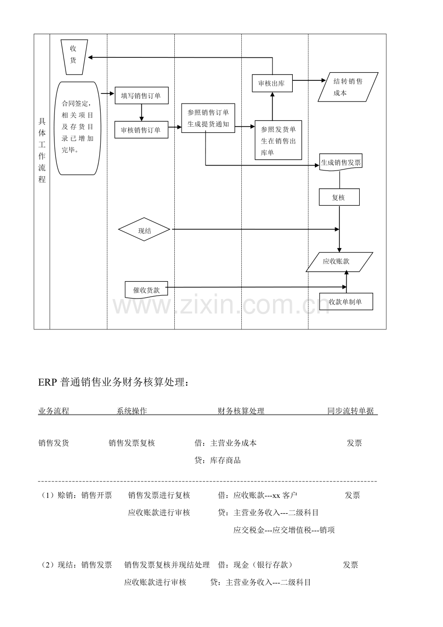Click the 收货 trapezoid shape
tap(74, 57)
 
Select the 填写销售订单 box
tap(142, 95)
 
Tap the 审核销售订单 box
tap(141, 130)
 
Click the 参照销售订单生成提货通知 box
tap(208, 118)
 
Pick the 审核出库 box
tap(272, 83)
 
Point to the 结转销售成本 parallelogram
tap(348, 87)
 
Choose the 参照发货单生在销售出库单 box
tap(278, 140)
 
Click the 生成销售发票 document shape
tap(341, 163)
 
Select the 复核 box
tap(339, 197)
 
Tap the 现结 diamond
tap(144, 229)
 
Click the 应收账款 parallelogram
tap(339, 262)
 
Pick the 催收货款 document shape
tap(146, 290)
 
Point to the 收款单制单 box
tap(346, 301)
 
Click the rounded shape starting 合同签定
tap(77, 128)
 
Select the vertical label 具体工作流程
tap(42, 150)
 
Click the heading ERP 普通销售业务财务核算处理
tap(113, 382)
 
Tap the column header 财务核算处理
tap(241, 411)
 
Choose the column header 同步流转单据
tap(351, 411)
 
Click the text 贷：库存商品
tap(218, 460)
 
